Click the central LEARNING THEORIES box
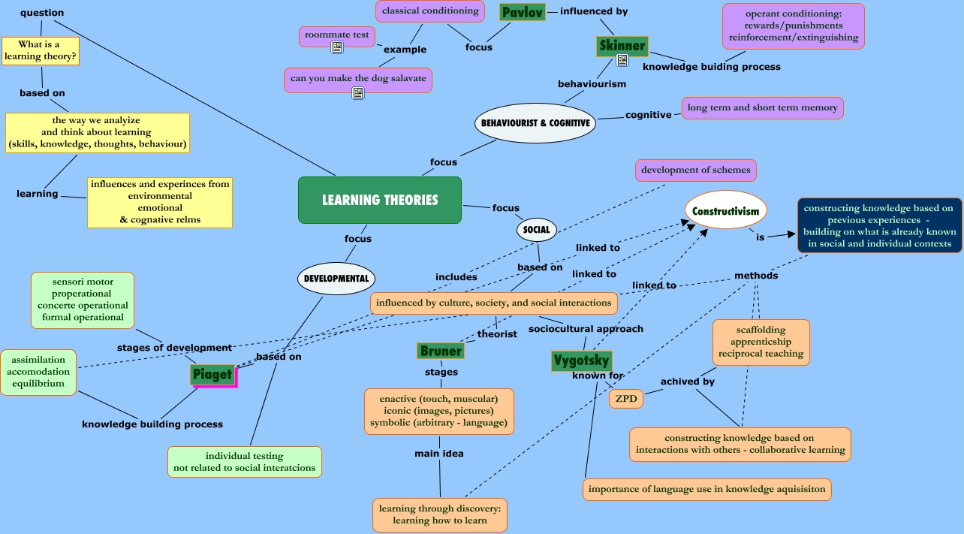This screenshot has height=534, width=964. (380, 200)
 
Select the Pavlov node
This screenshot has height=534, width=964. (522, 12)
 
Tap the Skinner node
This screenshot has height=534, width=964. (622, 46)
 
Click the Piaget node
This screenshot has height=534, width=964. (212, 374)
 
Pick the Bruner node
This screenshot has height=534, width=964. (441, 351)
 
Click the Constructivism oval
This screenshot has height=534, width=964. (726, 211)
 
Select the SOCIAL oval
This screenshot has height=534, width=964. (537, 230)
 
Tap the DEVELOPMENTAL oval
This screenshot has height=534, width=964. (336, 278)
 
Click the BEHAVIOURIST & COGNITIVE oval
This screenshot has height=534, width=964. (535, 122)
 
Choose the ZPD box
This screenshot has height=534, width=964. (626, 399)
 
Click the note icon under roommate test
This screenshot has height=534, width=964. (337, 47)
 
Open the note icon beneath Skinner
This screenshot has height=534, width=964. (622, 60)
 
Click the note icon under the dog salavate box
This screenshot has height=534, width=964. (358, 93)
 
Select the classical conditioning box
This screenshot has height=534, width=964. (430, 11)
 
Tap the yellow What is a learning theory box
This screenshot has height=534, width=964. (41, 50)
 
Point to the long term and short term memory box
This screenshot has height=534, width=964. (762, 107)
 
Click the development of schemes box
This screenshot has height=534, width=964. (695, 170)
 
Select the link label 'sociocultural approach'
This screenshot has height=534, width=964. (586, 328)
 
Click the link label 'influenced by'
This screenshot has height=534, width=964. (594, 11)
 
